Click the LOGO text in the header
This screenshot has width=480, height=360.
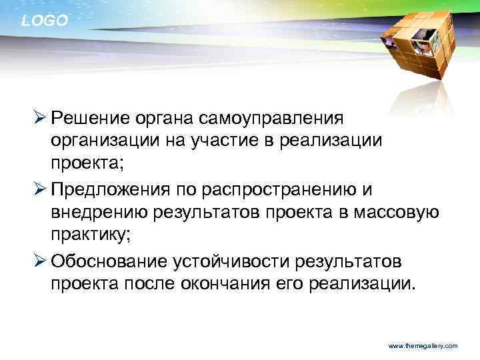pos(45,21)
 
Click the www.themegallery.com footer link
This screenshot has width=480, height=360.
pos(423,347)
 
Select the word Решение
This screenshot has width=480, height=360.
pos(89,118)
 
